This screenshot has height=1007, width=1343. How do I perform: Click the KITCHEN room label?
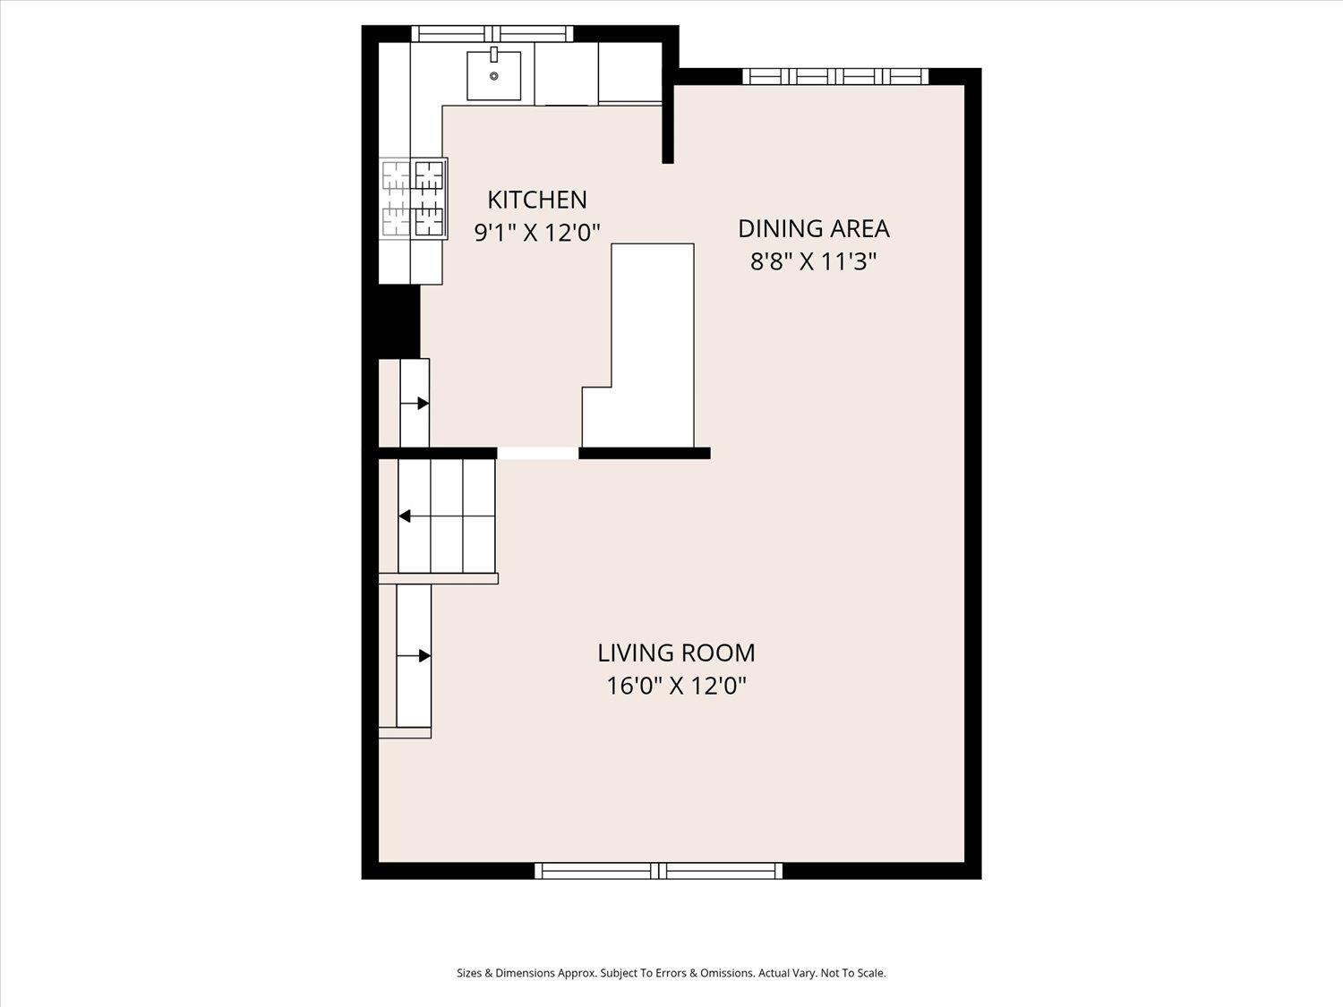pyautogui.click(x=537, y=200)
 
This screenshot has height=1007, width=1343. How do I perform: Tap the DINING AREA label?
pyautogui.click(x=813, y=228)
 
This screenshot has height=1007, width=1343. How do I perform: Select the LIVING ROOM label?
pyautogui.click(x=676, y=653)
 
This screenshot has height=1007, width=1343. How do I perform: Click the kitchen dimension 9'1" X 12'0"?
pyautogui.click(x=537, y=233)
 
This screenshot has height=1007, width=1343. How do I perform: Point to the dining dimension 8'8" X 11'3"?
pyautogui.click(x=813, y=261)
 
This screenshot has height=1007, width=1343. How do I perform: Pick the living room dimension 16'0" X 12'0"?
pyautogui.click(x=676, y=686)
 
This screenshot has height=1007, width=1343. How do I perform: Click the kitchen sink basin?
pyautogui.click(x=493, y=75)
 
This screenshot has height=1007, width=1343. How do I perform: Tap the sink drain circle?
pyautogui.click(x=493, y=76)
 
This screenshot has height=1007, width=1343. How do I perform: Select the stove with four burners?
pyautogui.click(x=414, y=198)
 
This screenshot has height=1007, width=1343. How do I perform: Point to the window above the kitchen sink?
pyautogui.click(x=492, y=34)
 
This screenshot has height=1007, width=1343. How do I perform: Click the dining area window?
pyautogui.click(x=835, y=76)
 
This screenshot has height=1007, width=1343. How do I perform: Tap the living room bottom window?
pyautogui.click(x=659, y=871)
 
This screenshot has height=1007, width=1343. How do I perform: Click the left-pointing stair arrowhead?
pyautogui.click(x=405, y=516)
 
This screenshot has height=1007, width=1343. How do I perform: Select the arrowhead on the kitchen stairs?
pyautogui.click(x=423, y=404)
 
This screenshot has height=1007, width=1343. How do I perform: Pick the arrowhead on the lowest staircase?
pyautogui.click(x=424, y=656)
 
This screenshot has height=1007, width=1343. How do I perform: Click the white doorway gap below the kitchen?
pyautogui.click(x=538, y=453)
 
